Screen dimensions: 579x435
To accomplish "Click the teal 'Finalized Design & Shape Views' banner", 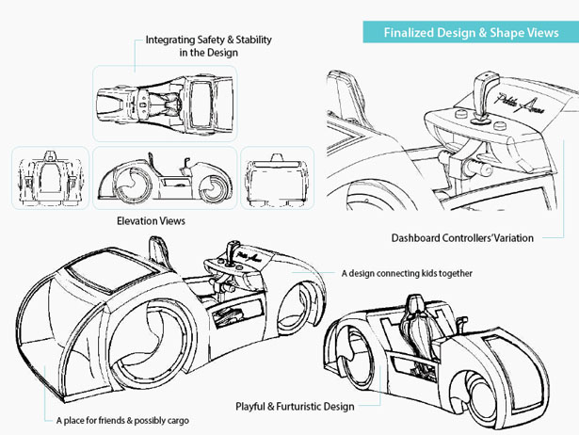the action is [x=471, y=32].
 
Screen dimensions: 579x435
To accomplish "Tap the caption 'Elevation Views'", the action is [x=151, y=221].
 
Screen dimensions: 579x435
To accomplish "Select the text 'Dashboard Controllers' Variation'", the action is [x=462, y=238].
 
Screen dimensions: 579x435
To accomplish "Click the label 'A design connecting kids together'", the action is [x=407, y=273].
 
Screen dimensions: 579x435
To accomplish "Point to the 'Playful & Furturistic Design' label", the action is [x=295, y=407].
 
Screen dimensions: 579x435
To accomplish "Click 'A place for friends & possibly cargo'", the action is [x=122, y=420].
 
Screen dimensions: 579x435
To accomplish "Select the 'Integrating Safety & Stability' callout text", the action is [x=209, y=46].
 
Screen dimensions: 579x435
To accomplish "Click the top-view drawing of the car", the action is [x=165, y=104].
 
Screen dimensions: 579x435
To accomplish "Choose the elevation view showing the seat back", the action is [x=50, y=178].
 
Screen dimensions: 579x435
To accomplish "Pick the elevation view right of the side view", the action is [x=277, y=180].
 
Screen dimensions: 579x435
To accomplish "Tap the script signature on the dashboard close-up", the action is [x=520, y=103].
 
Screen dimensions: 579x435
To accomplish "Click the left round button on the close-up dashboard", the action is [x=460, y=113].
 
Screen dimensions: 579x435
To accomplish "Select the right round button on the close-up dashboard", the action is [x=501, y=125].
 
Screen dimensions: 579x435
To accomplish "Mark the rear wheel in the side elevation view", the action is [x=131, y=184].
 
